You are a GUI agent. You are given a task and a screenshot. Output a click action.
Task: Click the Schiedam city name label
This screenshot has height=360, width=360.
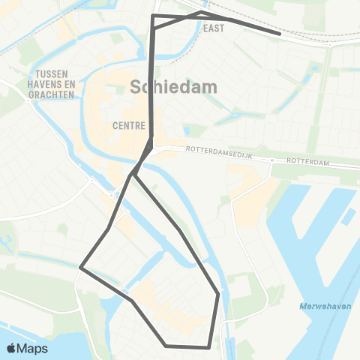(x=174, y=87)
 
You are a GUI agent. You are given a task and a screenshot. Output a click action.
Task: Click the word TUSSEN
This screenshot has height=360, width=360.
(x=52, y=73)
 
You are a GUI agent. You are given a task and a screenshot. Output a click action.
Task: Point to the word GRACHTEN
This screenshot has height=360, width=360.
(x=53, y=95)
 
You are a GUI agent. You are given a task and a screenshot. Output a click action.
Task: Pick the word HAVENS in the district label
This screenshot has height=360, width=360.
(x=45, y=85)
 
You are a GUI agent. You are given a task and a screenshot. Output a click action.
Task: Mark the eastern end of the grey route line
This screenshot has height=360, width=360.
(x=280, y=33)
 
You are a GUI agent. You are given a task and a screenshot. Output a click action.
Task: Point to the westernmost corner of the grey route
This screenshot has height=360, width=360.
(x=80, y=266)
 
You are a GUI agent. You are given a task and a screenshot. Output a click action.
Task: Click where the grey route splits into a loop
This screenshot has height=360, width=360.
(x=132, y=175)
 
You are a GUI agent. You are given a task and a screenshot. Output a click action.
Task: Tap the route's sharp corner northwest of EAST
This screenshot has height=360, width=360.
(x=153, y=15)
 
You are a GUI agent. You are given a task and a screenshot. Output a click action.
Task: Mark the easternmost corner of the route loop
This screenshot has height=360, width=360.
(x=218, y=294)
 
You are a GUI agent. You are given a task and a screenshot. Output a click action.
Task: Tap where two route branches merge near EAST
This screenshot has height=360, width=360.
(x=201, y=13)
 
